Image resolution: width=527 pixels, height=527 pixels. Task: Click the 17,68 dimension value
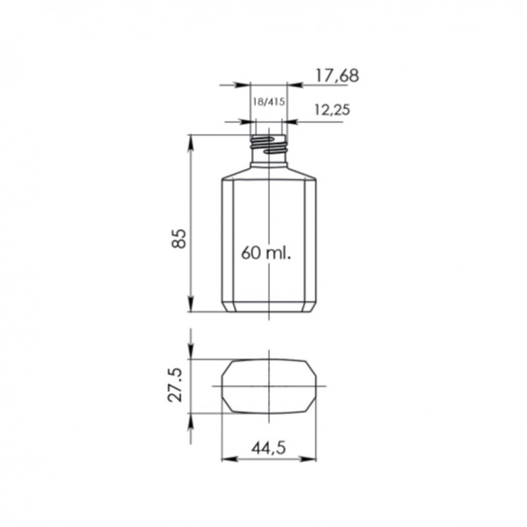point(337,75)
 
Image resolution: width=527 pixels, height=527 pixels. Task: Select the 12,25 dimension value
point(332,109)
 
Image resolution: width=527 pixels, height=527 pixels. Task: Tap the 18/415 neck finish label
point(269,101)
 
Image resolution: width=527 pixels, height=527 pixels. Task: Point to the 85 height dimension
point(179,238)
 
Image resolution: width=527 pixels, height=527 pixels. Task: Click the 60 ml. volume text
point(266,253)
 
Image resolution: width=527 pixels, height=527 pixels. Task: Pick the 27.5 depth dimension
point(175,385)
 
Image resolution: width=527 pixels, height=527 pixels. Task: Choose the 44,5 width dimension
point(269,448)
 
